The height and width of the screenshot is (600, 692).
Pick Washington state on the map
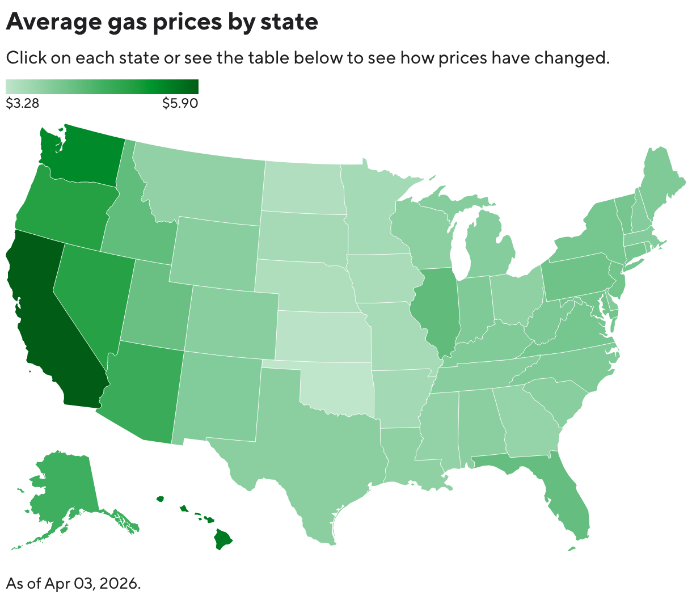coord(85,156)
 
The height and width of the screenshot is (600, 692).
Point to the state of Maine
coord(658,181)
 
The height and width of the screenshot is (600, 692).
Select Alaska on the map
coord(62,488)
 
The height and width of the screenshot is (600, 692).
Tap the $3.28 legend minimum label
coord(22,103)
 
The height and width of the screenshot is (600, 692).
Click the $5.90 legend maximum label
coord(180,103)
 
